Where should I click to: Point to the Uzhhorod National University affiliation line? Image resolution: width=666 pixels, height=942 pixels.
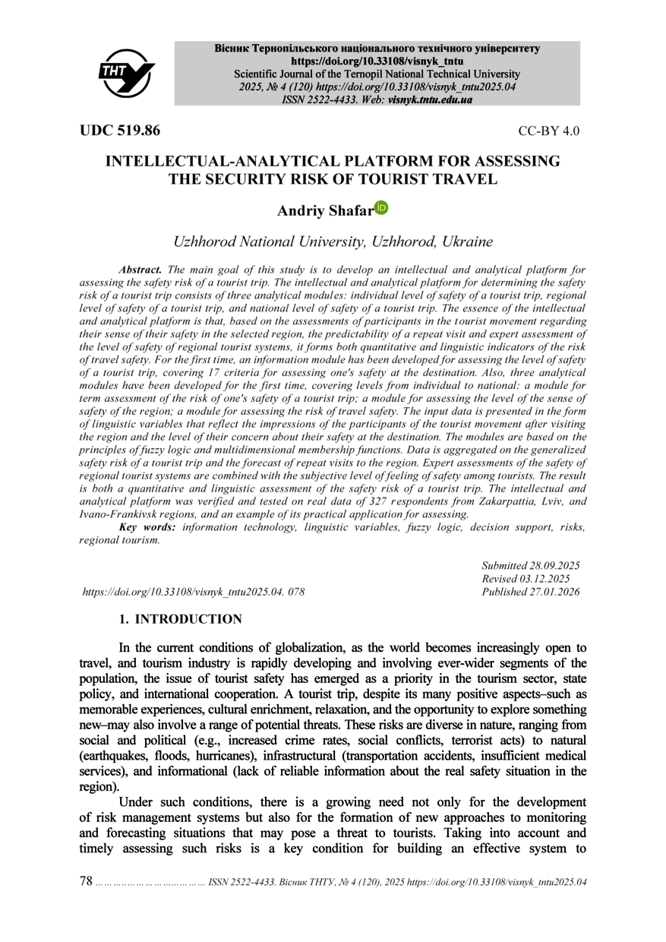(333, 243)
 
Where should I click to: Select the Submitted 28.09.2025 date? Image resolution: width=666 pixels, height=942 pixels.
(531, 565)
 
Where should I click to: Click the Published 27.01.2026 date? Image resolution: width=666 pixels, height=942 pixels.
(531, 591)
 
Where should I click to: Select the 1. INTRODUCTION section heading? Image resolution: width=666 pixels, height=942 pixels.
(180, 620)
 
